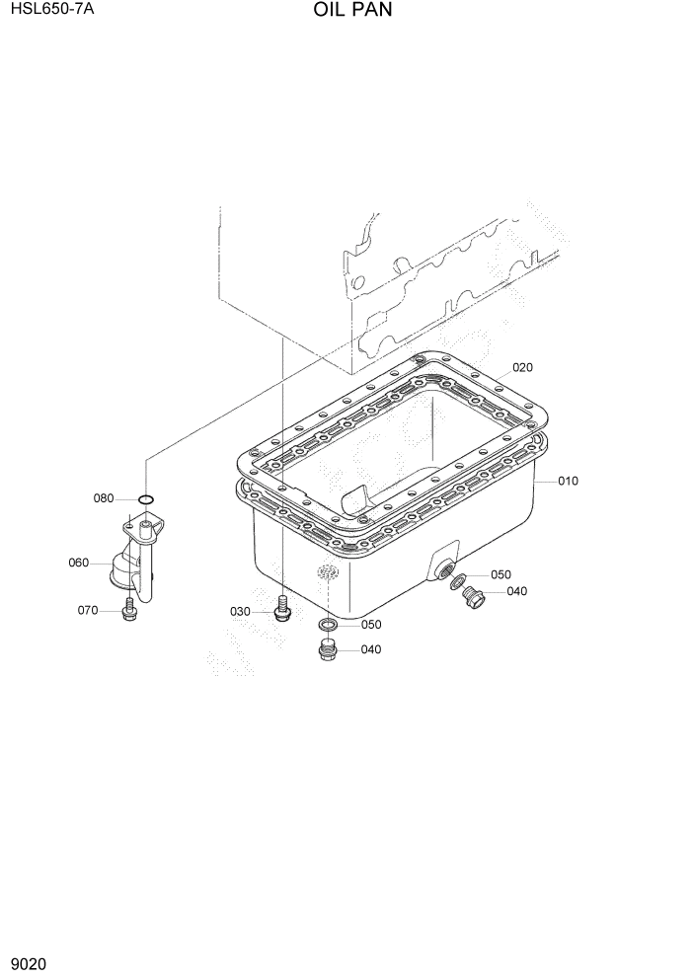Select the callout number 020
[522, 367]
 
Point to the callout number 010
[568, 482]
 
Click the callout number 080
[105, 498]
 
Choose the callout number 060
[79, 564]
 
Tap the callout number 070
[88, 611]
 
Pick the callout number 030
[240, 612]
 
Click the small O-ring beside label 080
[145, 499]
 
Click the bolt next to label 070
[128, 613]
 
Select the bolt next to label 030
[283, 610]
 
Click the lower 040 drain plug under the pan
[328, 649]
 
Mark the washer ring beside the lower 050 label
[327, 625]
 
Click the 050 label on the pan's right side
[500, 574]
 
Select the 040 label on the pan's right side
[516, 592]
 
